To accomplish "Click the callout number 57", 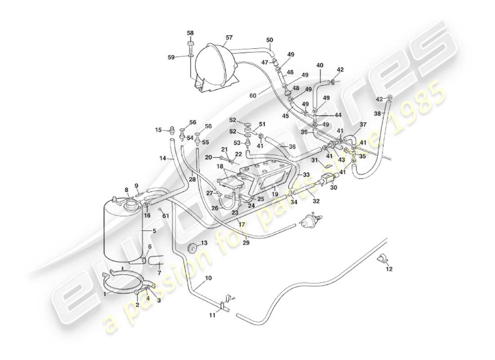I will (229, 37).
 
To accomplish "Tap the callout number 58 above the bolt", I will (190, 33).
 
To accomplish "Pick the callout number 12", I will (389, 269).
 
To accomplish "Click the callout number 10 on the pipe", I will (208, 279).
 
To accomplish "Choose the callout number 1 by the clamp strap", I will (106, 293).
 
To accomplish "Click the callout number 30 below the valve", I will (333, 188).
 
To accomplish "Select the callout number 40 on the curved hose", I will (319, 65).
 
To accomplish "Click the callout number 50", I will (270, 40).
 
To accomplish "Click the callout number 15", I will (158, 130).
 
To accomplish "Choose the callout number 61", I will (166, 216).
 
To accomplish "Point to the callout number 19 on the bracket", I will (274, 194).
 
